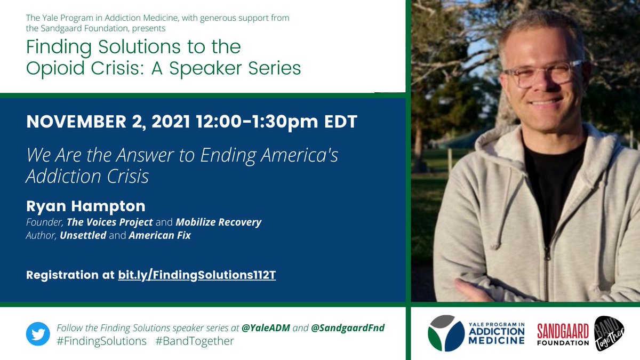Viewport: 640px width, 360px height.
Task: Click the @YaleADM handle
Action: [266, 327]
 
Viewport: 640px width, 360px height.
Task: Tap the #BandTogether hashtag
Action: [195, 341]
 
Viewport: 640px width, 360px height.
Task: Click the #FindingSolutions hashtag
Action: [101, 341]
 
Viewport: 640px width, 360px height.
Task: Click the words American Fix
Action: [159, 235]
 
